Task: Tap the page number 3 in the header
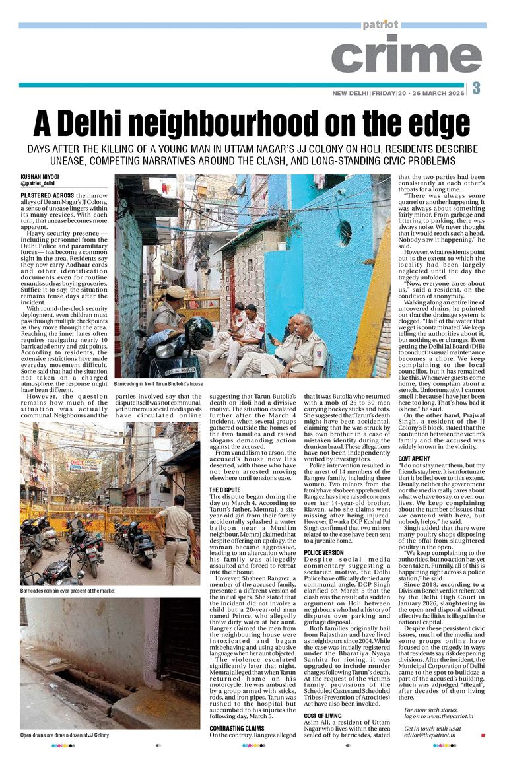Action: pos(476,88)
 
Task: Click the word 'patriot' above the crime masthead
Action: pos(380,25)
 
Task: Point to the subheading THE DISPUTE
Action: pos(224,490)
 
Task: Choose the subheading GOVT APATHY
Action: pos(417,440)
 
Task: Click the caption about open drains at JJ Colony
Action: pos(65,735)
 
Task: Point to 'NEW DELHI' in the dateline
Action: pos(350,93)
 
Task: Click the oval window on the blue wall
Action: pos(345,233)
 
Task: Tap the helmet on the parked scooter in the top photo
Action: pos(199,332)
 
